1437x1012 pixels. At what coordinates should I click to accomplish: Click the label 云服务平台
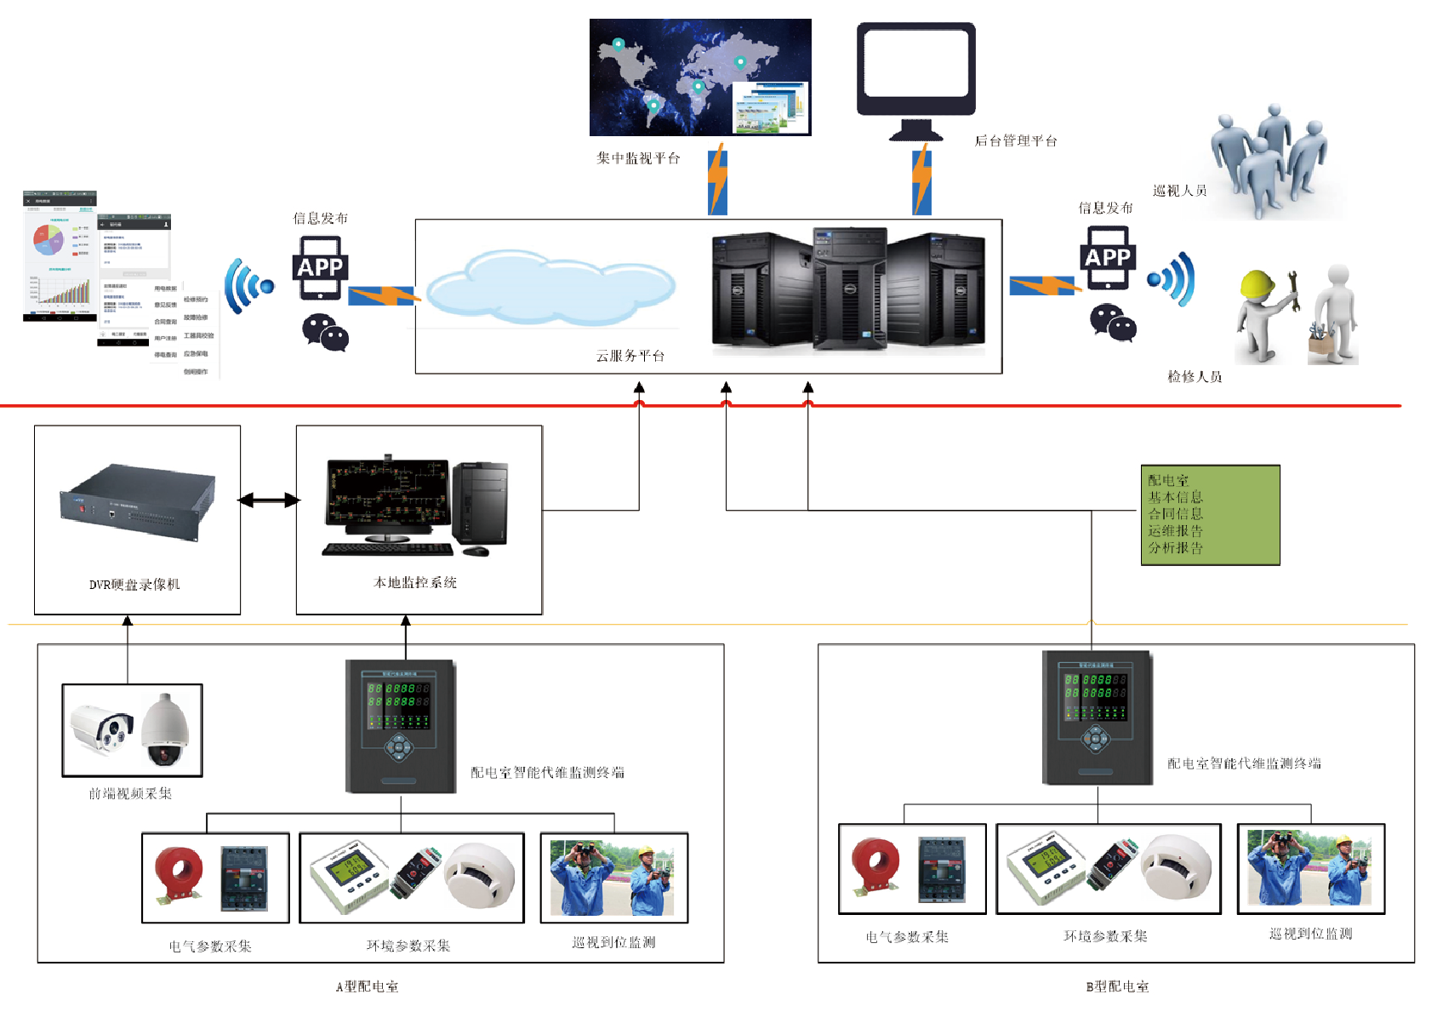coord(630,356)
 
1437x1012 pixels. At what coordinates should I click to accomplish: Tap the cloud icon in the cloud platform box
coord(550,288)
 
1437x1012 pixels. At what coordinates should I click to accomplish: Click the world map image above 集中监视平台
coord(699,77)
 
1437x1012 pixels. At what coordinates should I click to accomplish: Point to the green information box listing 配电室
coord(1210,515)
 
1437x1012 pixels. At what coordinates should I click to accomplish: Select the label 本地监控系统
coord(415,583)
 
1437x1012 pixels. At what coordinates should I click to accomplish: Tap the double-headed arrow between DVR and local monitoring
coord(269,500)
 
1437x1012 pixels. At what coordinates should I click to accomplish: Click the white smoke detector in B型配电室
coord(1177,866)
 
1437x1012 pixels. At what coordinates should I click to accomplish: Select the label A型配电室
coord(367,987)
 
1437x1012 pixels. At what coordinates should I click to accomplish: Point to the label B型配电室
coord(1117,987)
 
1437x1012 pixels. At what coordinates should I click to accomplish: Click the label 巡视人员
coord(1179,191)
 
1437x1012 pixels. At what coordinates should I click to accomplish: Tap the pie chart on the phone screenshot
coord(48,241)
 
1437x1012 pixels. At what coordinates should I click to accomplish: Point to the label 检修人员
coord(1195,377)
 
